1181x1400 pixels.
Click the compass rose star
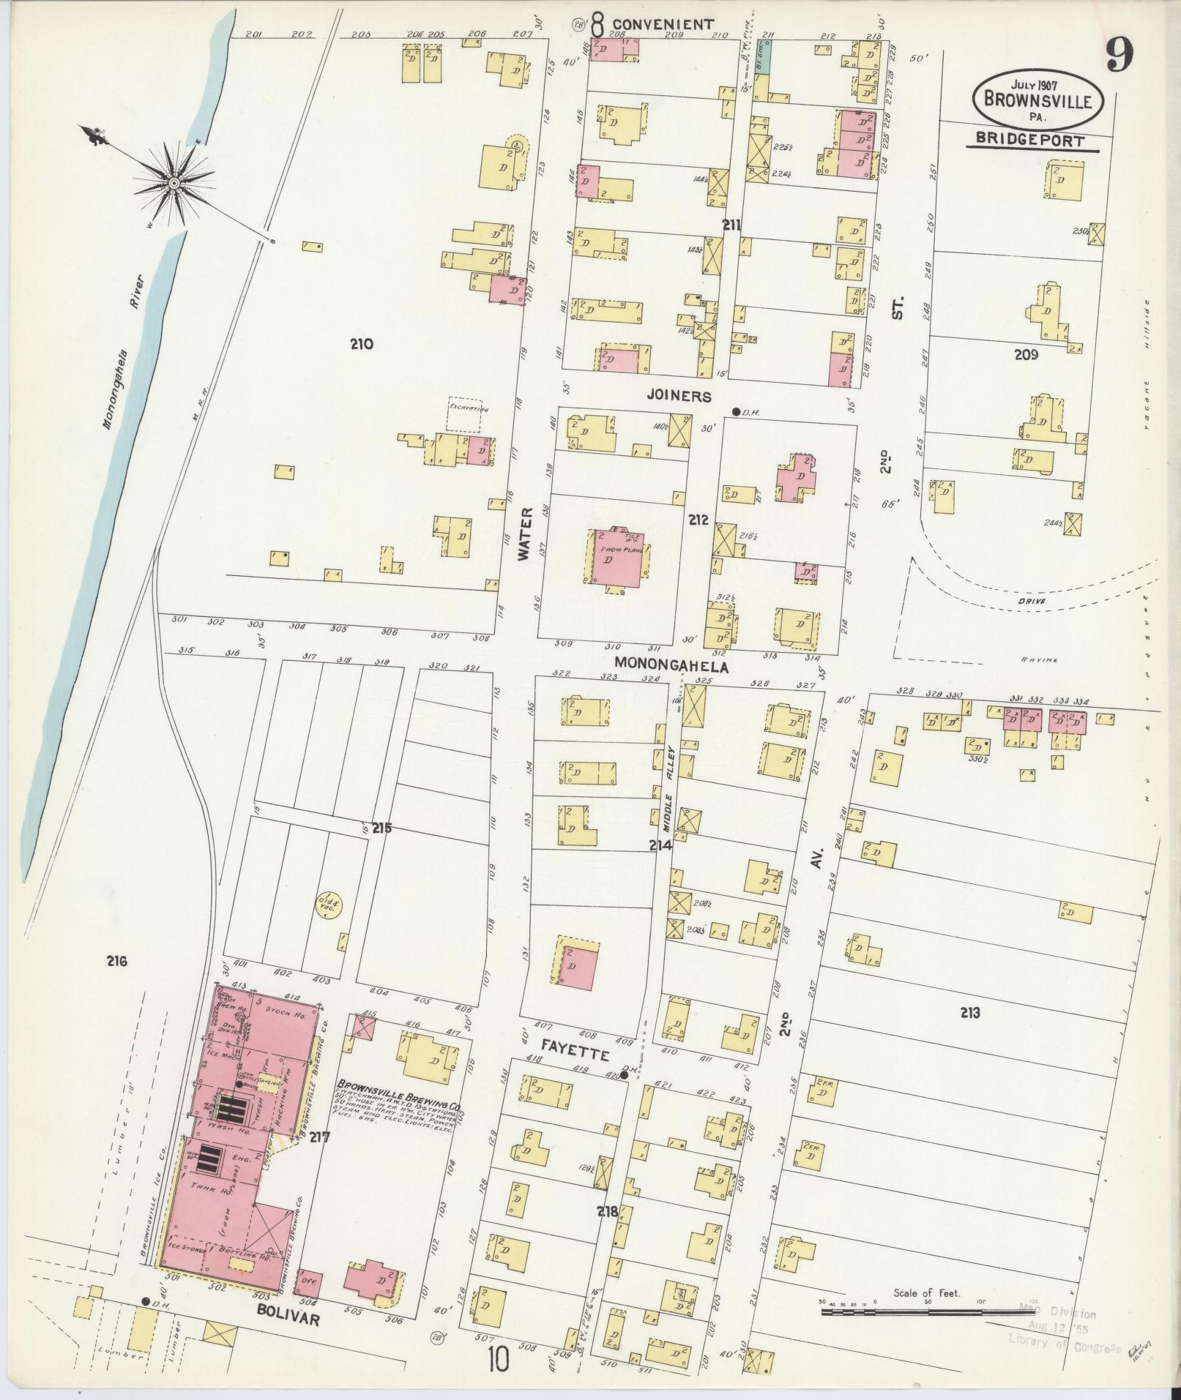point(174,181)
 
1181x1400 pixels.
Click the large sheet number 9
point(1121,55)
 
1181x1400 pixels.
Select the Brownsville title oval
point(1043,98)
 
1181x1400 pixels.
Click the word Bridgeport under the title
point(1032,141)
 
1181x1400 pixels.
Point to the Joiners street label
point(679,396)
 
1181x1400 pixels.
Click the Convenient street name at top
point(663,24)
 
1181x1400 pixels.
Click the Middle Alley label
point(668,787)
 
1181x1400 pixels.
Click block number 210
point(361,343)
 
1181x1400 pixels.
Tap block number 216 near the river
point(116,961)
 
